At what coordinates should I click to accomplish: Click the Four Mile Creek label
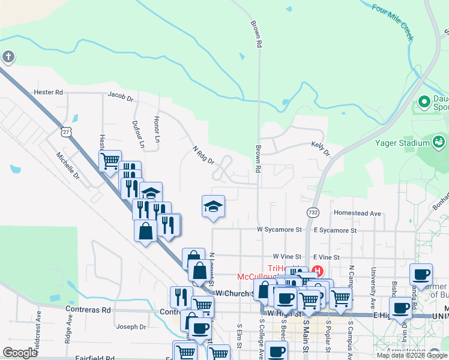tap(393, 23)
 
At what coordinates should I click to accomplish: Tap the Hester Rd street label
tap(49, 92)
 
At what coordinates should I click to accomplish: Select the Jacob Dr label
tap(120, 95)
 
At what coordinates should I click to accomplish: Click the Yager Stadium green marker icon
tap(439, 142)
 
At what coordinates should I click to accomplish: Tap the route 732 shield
tap(313, 212)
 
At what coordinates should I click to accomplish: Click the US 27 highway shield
tap(66, 131)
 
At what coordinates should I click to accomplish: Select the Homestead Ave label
tap(358, 213)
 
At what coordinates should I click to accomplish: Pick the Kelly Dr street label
tap(321, 148)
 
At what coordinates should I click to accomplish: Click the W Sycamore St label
tap(279, 229)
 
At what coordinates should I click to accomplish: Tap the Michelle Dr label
tap(68, 166)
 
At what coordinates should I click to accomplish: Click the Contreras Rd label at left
tap(89, 310)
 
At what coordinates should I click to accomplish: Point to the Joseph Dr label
tap(131, 327)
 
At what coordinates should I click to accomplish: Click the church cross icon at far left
tap(8, 57)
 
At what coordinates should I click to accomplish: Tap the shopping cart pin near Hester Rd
tap(110, 160)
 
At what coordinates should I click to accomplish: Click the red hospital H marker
tap(318, 272)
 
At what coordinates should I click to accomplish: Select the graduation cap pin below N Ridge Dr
tap(213, 206)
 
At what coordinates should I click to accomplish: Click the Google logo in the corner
tap(20, 353)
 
